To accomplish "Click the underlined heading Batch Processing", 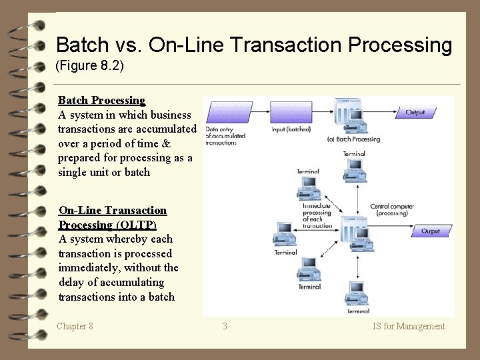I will tap(101, 101).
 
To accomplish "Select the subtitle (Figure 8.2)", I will tap(90, 67).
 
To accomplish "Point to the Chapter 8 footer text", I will tap(75, 326).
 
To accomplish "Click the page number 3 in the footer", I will tap(225, 326).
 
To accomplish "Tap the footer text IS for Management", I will tap(409, 326).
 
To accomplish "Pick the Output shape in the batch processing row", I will tap(415, 112).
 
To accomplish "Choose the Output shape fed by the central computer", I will tap(430, 231).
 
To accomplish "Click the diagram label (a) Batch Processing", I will tap(353, 139).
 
